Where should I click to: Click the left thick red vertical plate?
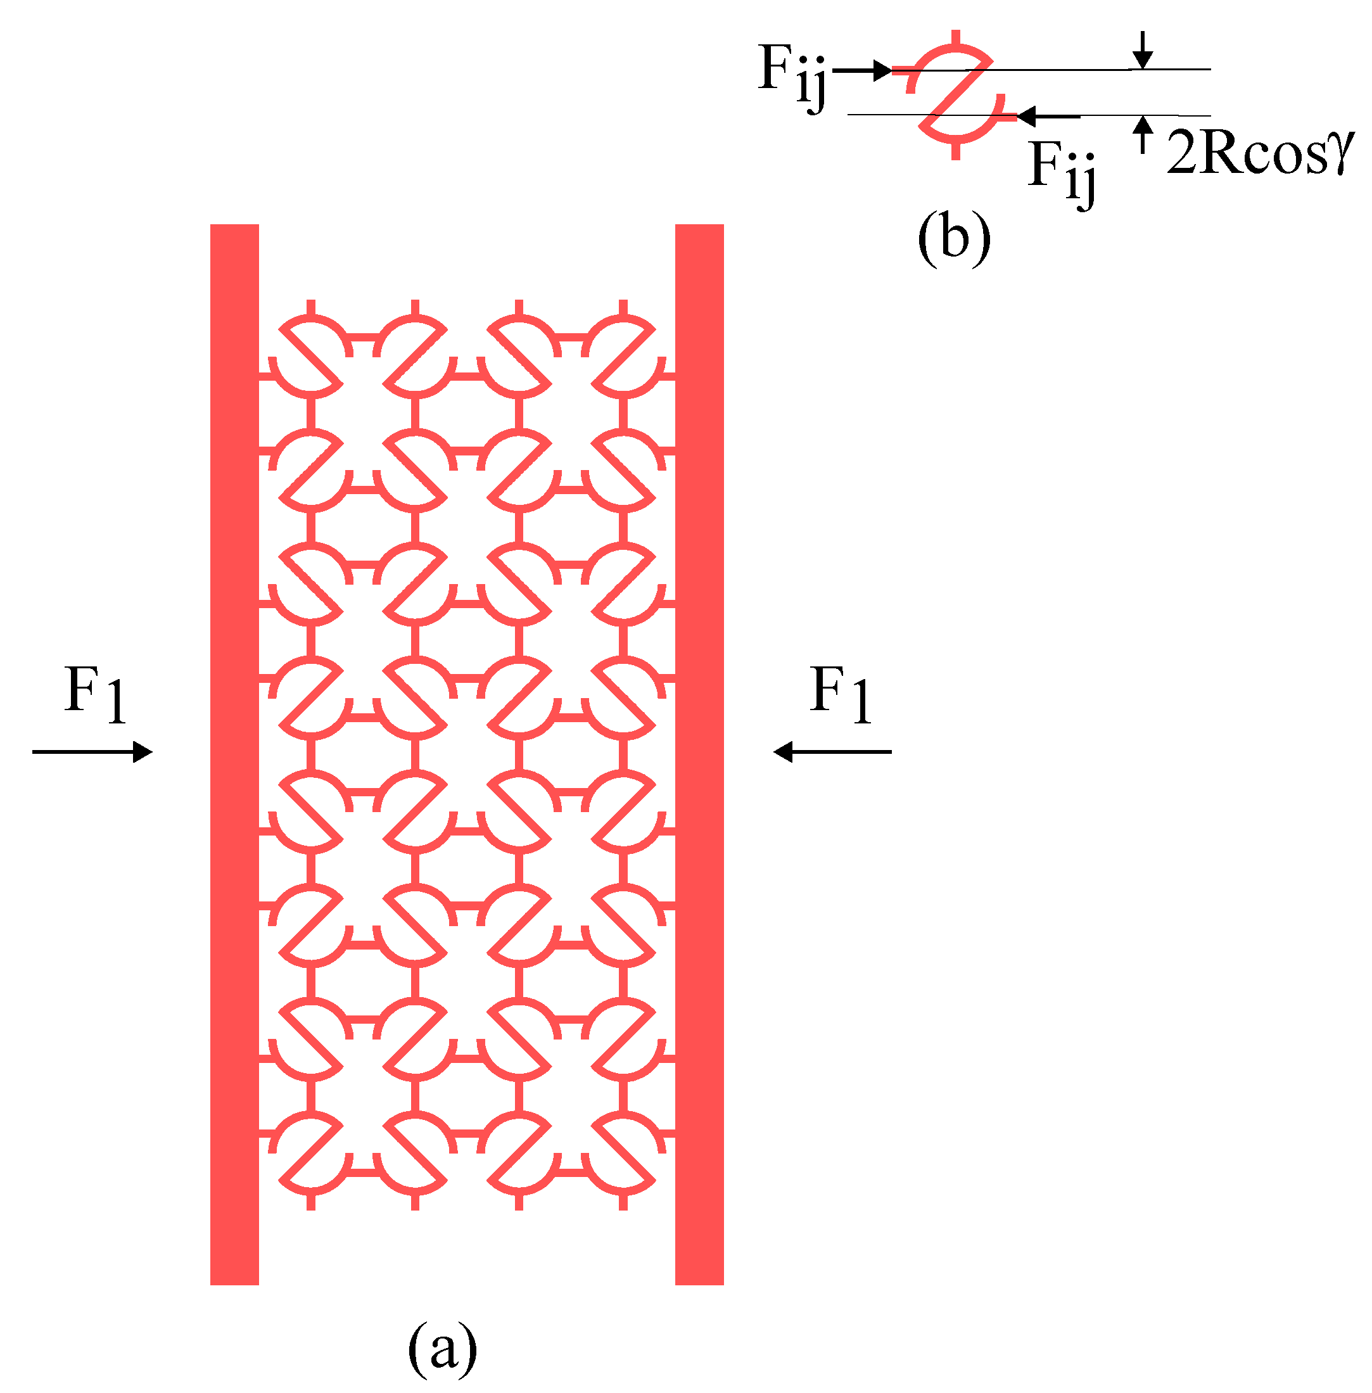(234, 756)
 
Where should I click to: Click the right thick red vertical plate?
(699, 756)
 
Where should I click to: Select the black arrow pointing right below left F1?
(92, 753)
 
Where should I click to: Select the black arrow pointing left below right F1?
(832, 753)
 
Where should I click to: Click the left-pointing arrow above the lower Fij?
(1048, 115)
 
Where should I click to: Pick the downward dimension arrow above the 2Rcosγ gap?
(1143, 51)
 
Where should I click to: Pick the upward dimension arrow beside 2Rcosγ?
(1143, 135)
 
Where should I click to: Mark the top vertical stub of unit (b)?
(955, 37)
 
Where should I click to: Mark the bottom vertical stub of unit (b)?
(955, 151)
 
